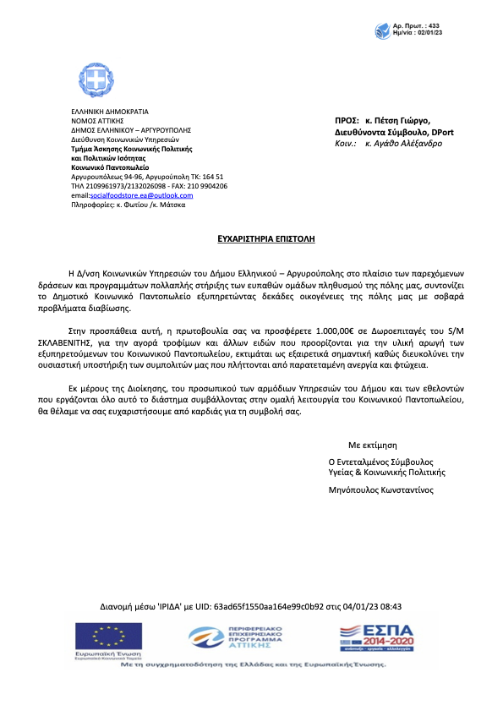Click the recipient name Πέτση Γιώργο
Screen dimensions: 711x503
(398, 121)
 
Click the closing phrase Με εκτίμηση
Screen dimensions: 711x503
(372, 445)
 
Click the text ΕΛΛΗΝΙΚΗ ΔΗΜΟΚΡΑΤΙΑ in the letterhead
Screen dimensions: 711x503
(109, 112)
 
